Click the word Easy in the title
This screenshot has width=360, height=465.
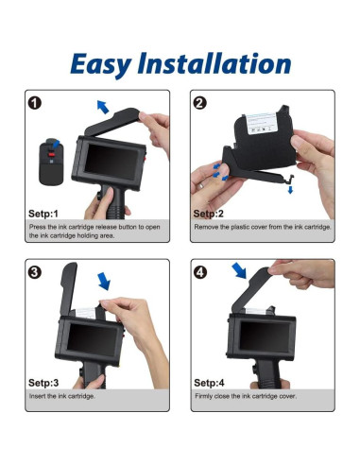101,64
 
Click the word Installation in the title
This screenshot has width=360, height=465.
214,63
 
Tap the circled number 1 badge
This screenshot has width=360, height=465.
35,103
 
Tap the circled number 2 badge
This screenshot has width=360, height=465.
199,103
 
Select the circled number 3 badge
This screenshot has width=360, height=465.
35,272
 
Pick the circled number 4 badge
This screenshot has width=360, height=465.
200,272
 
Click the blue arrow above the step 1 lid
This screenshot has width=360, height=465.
103,107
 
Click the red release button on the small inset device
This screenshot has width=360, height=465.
51,154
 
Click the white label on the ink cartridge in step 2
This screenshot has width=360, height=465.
262,123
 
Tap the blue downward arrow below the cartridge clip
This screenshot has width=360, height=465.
290,190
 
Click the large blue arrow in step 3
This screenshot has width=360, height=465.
104,281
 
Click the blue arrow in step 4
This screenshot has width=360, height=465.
239,270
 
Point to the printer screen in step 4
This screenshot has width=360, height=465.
265,336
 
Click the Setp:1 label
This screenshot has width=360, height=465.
43,214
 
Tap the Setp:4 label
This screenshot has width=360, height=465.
209,383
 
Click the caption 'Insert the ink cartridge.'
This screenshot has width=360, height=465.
61,396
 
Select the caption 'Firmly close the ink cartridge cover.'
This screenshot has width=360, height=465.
246,396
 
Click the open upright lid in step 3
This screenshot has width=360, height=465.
69,288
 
